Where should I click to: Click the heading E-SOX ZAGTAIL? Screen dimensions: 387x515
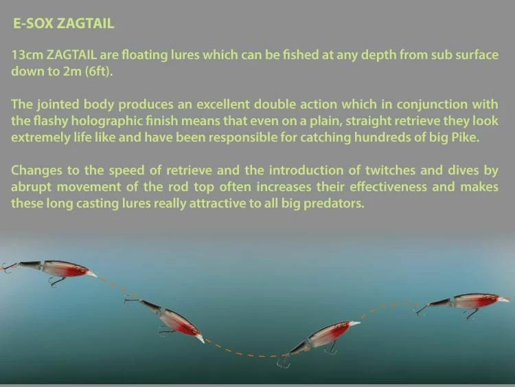point(63,24)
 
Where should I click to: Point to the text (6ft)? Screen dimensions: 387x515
point(99,71)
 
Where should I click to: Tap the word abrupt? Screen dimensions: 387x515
point(32,187)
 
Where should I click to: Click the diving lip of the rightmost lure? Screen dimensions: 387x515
point(503,300)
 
